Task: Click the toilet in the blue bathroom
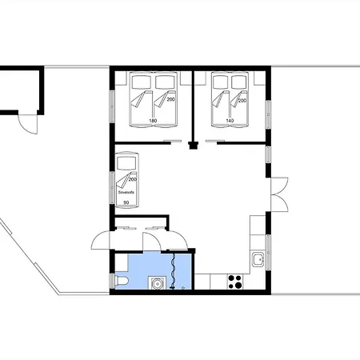point(122,281)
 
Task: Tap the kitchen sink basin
point(258,259)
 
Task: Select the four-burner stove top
point(235,282)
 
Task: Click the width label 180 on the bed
point(153,121)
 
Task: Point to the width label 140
point(230,121)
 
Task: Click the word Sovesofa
point(126,192)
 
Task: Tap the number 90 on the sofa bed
point(126,202)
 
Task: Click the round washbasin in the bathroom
point(157,283)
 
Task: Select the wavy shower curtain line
point(174,270)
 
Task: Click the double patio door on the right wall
point(279,194)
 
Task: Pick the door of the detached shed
point(28,124)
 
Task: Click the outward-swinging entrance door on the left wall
point(101,240)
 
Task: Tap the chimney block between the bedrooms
point(194,146)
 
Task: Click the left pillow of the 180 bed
point(142,82)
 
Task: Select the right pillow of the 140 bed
point(238,82)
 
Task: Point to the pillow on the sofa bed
point(126,163)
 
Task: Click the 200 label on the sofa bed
point(133,179)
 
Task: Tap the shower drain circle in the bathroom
point(183,287)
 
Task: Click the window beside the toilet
point(112,281)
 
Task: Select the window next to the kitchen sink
point(268,253)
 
